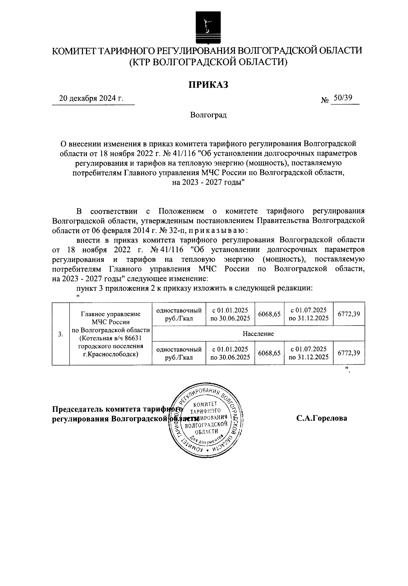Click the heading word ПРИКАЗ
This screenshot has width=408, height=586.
(x=208, y=85)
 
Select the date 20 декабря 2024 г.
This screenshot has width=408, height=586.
(x=91, y=98)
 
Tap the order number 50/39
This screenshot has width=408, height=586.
(x=342, y=98)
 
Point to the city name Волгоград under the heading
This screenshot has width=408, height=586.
(x=208, y=115)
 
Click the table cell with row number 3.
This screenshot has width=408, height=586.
(x=61, y=334)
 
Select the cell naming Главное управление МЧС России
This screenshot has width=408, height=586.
(x=111, y=333)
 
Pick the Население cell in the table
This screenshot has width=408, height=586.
(x=258, y=333)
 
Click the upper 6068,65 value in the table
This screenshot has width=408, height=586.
(x=269, y=314)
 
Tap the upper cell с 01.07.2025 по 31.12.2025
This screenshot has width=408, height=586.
(x=308, y=314)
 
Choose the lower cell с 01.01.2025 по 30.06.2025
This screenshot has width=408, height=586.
(x=230, y=353)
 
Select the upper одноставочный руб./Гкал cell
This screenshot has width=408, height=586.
(x=179, y=314)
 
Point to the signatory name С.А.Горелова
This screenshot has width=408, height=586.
(x=321, y=418)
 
